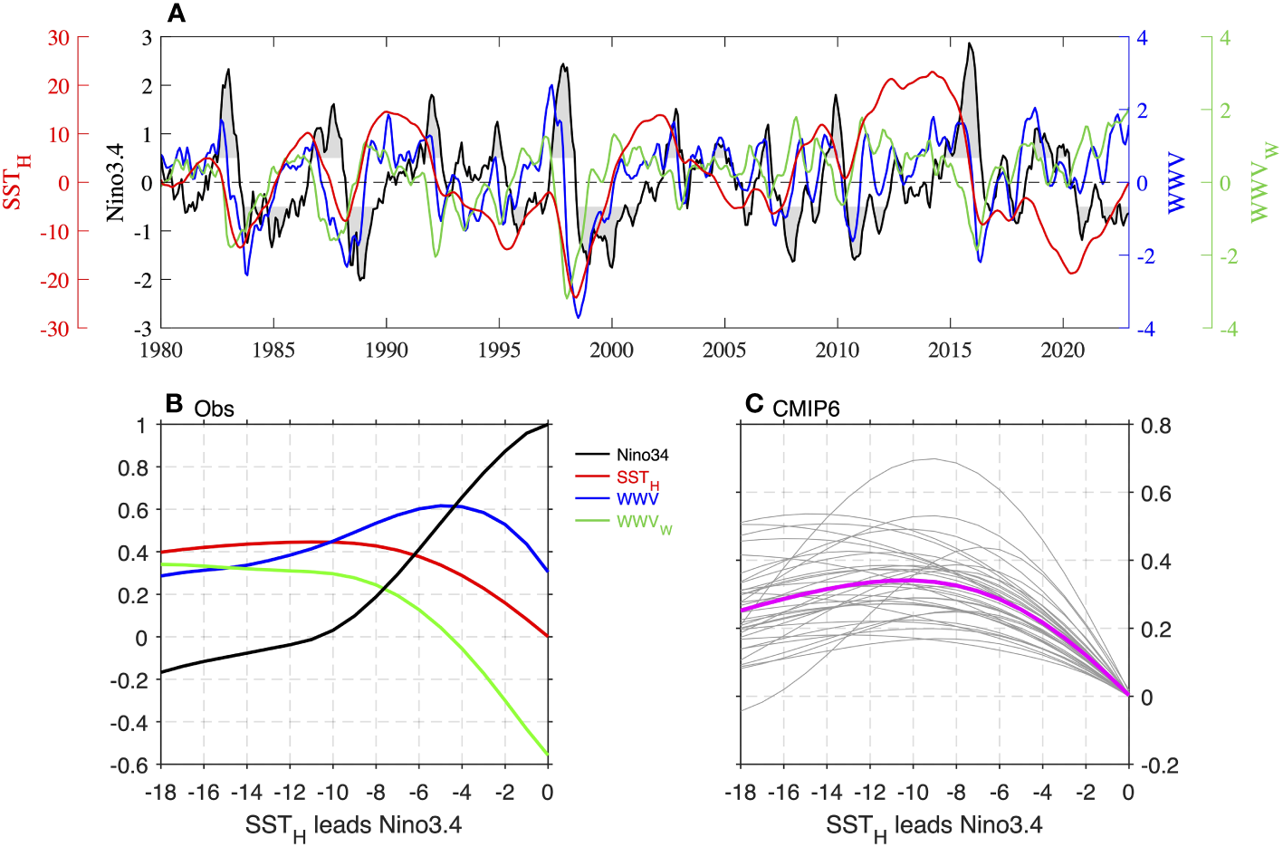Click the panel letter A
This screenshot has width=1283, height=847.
(x=177, y=14)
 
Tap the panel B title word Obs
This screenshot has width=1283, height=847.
(x=214, y=409)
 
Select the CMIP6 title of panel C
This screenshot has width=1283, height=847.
(x=806, y=409)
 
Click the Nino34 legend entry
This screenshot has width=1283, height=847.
(x=642, y=455)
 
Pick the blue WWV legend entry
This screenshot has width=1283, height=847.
(x=637, y=498)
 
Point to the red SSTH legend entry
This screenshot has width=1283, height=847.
(x=637, y=477)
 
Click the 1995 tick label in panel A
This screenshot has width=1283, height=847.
(x=499, y=351)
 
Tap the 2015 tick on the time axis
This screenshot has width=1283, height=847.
(x=950, y=351)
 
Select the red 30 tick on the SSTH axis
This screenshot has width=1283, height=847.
(x=58, y=38)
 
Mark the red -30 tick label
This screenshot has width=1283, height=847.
(x=54, y=329)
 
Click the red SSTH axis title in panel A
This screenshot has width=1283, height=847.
(x=16, y=182)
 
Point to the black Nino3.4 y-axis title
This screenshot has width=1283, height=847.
(x=115, y=182)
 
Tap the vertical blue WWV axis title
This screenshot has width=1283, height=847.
(x=1175, y=183)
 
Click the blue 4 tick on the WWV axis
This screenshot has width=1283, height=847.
(x=1143, y=38)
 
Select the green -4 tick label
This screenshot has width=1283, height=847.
(x=1228, y=329)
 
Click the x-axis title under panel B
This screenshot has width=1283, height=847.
(x=353, y=826)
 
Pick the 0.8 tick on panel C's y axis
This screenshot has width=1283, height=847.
(x=1155, y=426)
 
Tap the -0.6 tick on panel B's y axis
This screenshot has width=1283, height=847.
(x=129, y=765)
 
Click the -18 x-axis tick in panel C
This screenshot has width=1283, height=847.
(x=740, y=793)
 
